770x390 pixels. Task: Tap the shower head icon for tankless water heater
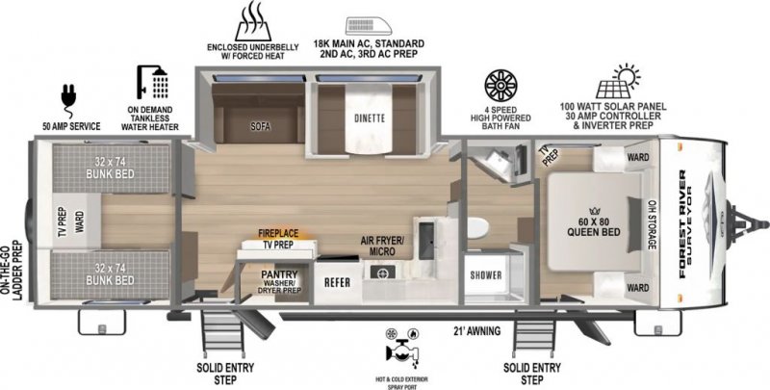[x=151, y=83]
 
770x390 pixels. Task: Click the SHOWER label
[x=486, y=275]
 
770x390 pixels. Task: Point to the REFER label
[x=336, y=282]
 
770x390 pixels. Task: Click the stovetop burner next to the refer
[x=382, y=273]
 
